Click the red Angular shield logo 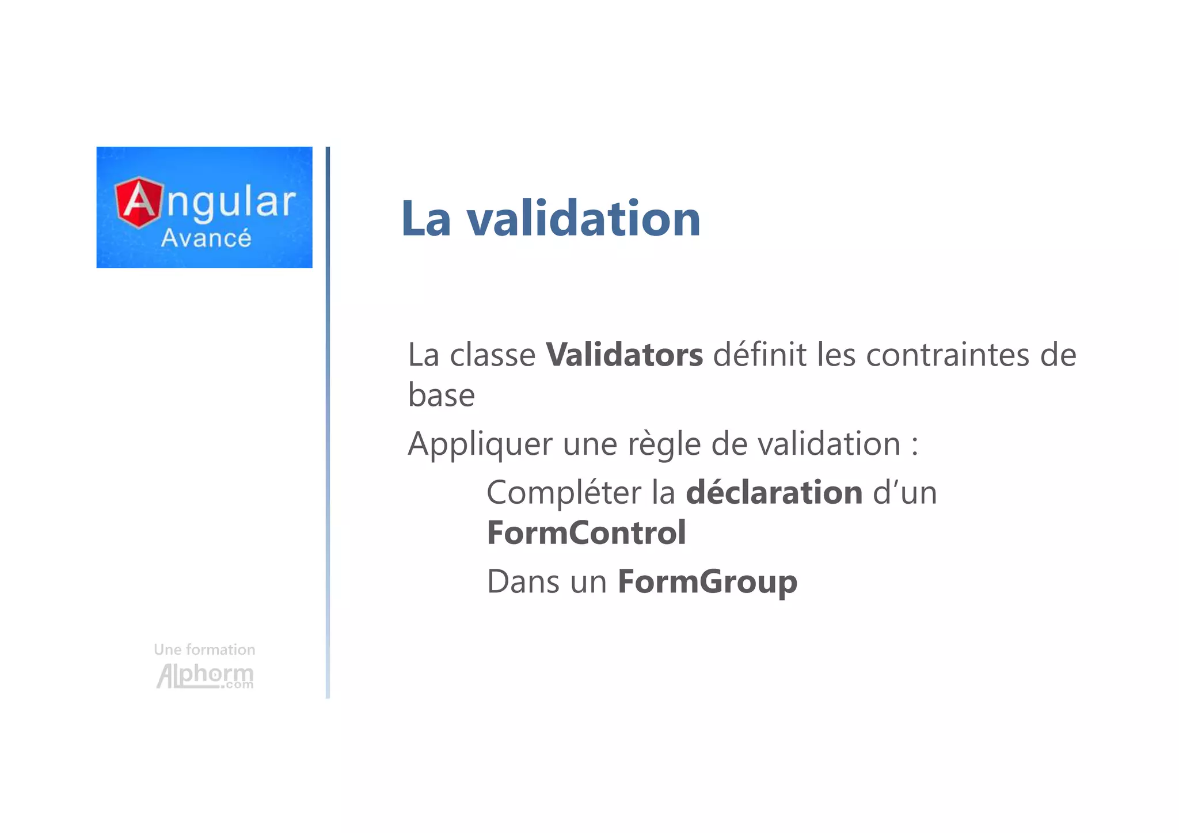point(139,202)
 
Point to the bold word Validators point(624,355)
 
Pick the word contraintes point(948,355)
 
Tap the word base point(442,395)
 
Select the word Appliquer point(480,444)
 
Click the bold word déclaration point(774,493)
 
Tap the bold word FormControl point(586,532)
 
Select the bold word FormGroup point(707,581)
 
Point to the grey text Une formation point(204,650)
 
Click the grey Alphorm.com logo point(205,676)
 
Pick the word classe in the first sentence point(492,355)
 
